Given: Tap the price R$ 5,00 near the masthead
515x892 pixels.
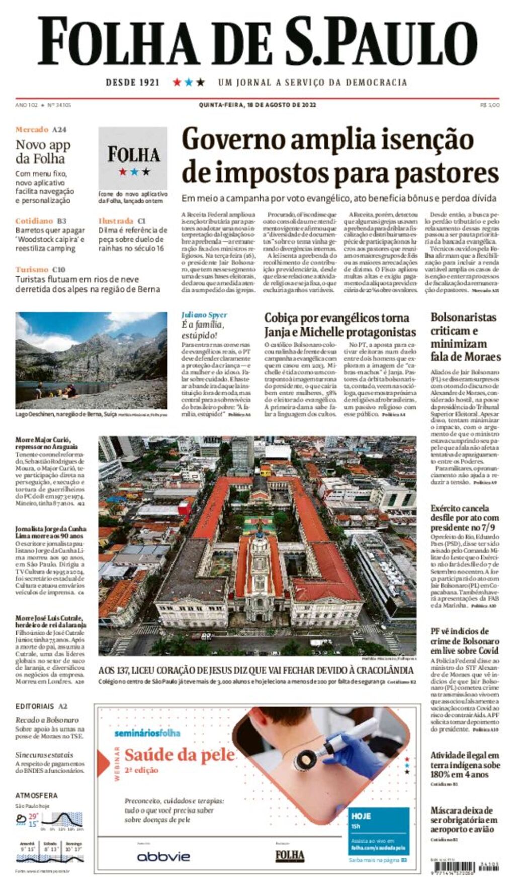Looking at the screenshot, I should coord(489,105).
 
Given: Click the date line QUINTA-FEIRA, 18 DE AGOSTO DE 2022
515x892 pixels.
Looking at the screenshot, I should coord(257,105).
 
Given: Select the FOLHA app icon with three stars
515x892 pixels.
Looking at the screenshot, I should coord(133,158).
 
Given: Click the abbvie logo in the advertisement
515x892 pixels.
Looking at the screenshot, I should coord(163,856).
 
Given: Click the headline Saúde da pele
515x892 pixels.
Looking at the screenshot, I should coord(180,755).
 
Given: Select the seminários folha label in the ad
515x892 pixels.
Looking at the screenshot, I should coord(147,733).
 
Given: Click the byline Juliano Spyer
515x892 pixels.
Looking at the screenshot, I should coord(204,315).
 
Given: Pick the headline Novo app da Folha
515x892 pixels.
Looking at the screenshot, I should coord(43,151).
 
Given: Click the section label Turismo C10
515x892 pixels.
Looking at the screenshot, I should coord(40,269).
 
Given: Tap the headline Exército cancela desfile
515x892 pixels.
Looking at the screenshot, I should coord(464,518).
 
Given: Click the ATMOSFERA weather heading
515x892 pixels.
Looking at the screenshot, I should coord(36,795).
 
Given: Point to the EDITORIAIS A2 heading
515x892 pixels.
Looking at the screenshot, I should coord(41,706).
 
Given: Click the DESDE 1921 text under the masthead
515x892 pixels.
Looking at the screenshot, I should coord(132,83).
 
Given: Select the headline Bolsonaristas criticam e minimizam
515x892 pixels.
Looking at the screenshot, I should coord(465,337).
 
